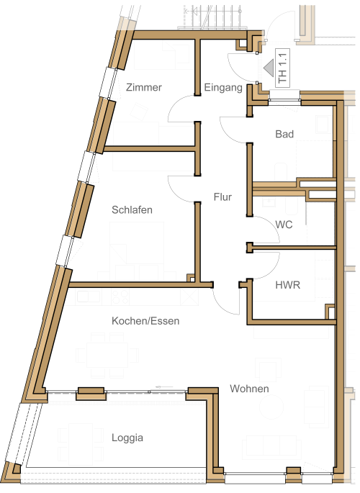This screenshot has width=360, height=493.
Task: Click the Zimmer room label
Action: click(x=144, y=87)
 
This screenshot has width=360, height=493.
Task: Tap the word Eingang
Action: click(x=223, y=87)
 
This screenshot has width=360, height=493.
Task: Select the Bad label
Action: click(x=284, y=134)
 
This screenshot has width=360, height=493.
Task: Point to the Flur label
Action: click(x=222, y=196)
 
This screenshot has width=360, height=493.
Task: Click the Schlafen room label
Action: click(x=132, y=209)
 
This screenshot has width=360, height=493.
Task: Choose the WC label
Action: click(x=284, y=225)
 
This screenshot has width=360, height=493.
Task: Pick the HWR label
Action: click(x=288, y=285)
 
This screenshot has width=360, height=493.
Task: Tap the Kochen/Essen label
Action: click(x=145, y=321)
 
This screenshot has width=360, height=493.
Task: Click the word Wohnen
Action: click(x=249, y=389)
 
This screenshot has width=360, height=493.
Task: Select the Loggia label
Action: click(x=127, y=438)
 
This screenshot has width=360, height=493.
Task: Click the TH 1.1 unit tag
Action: click(x=282, y=68)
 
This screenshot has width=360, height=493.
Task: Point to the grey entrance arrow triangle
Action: click(x=269, y=68)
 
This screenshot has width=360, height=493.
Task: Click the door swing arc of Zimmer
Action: click(x=174, y=104)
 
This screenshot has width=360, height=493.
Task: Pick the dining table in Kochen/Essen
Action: click(x=107, y=355)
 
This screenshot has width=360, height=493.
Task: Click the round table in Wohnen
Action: click(x=271, y=407)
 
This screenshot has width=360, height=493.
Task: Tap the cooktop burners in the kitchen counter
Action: click(x=120, y=297)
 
